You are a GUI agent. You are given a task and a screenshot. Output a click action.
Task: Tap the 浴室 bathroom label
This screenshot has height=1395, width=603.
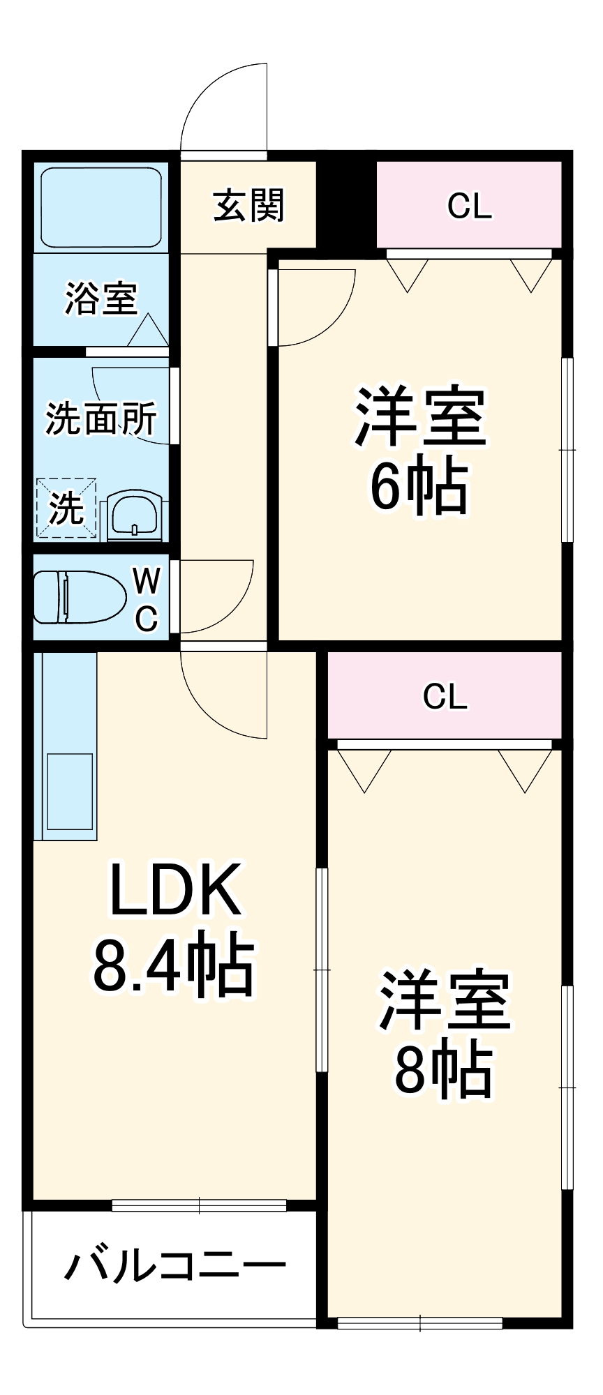coord(100,298)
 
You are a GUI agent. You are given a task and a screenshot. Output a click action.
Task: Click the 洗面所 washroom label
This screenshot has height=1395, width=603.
coord(101,418)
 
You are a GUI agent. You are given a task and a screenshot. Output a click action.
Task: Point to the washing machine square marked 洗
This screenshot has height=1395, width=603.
coord(66,508)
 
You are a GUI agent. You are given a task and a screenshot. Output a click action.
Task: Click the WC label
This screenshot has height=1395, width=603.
coord(147,598)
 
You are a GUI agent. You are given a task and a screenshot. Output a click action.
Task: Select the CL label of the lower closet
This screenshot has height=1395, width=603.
coord(445,696)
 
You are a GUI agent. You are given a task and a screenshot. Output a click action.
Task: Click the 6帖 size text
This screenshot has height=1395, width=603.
coord(418,486)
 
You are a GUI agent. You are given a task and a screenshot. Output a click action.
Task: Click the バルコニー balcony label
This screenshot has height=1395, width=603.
coord(174,1265)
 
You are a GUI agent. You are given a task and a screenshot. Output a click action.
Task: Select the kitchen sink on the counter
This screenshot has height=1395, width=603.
coord(69,791)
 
